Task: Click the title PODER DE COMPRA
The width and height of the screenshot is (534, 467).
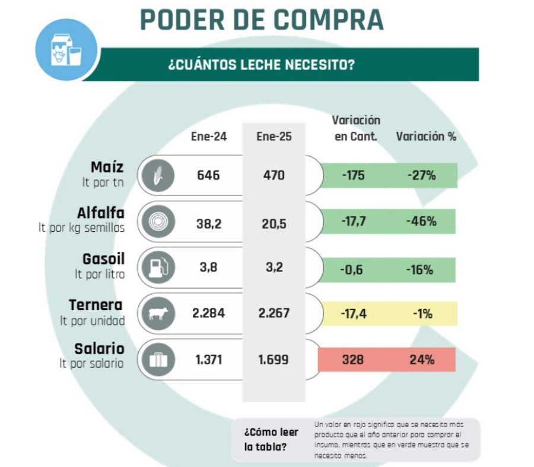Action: tap(261, 19)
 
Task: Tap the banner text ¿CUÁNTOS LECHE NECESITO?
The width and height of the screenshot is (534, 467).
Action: tap(262, 65)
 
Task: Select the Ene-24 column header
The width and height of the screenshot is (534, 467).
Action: tap(208, 136)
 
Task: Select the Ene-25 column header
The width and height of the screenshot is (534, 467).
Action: tap(274, 136)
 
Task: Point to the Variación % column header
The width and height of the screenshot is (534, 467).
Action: tap(426, 136)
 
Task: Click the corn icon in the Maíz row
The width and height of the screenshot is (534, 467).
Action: tap(157, 176)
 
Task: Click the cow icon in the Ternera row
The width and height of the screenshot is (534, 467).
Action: tap(157, 314)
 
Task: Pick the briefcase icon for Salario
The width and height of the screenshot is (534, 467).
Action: tap(157, 359)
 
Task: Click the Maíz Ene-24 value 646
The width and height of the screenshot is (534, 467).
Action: tap(208, 176)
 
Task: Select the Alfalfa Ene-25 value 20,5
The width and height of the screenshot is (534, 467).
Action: tap(274, 222)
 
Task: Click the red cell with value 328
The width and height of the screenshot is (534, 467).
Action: tap(352, 359)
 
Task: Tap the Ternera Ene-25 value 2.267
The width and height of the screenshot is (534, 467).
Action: tap(274, 314)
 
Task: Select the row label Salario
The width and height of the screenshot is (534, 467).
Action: tap(98, 349)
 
